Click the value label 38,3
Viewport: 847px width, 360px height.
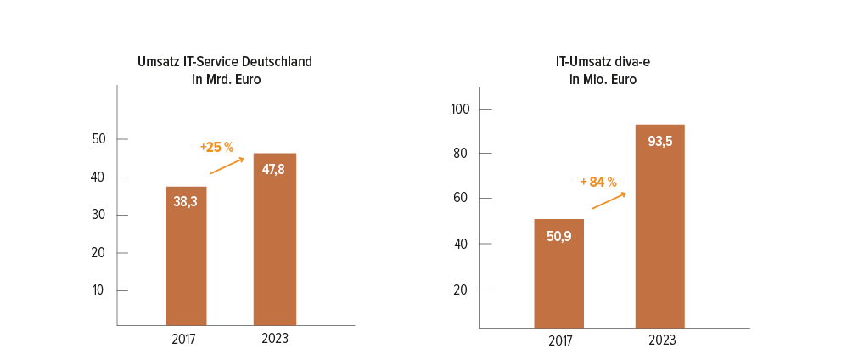[x=187, y=202]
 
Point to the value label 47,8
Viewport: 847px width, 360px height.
[x=275, y=169]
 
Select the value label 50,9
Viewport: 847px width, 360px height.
[x=558, y=235]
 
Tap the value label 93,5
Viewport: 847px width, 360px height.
[x=659, y=141]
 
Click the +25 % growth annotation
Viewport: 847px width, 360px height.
[x=217, y=148]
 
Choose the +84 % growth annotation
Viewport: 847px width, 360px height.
[x=598, y=182]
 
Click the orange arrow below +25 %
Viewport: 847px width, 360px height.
[x=227, y=166]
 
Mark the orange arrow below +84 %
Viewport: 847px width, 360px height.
[x=609, y=200]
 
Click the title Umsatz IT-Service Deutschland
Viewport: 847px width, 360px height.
[x=225, y=62]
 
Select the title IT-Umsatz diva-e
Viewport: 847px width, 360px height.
[x=603, y=62]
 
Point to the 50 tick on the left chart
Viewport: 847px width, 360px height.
[x=98, y=139]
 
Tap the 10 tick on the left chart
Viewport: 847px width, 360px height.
[x=98, y=290]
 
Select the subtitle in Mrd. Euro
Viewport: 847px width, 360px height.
[x=226, y=80]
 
